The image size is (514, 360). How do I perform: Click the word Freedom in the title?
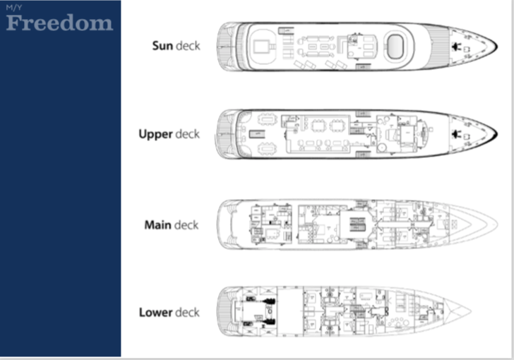point(59,23)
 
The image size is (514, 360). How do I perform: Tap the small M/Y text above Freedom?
point(14,7)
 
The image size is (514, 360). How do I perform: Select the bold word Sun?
point(162,46)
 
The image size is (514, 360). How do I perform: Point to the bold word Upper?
point(155,134)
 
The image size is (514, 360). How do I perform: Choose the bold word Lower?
point(155,313)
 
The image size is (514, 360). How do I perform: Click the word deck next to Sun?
point(188,46)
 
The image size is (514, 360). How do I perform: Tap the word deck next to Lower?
point(187,313)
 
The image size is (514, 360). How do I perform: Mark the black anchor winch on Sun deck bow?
point(455,47)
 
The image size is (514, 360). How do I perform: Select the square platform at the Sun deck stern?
point(262,46)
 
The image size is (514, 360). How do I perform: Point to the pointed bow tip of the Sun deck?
point(497,47)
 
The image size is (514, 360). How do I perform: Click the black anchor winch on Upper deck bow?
point(455,134)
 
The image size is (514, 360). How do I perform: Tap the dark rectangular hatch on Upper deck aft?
point(257,134)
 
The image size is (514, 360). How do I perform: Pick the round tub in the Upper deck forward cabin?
point(381,148)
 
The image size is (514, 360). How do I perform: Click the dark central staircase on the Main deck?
point(357,224)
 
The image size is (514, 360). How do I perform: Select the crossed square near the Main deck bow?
point(455,224)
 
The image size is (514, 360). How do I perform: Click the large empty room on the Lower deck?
point(290,311)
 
